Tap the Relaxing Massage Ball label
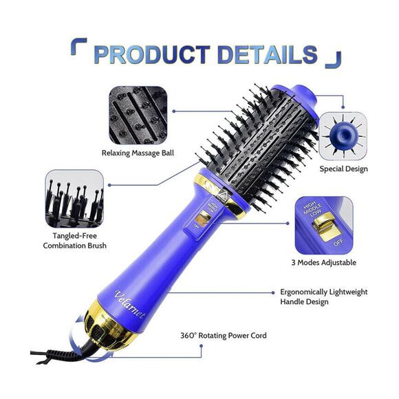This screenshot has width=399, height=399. coord(137,152)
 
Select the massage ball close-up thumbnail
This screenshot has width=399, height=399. coord(137,114)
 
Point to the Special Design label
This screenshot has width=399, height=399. coord(343,169)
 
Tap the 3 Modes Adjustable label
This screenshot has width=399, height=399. coord(325,262)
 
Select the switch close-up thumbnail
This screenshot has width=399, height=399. coord(325,225)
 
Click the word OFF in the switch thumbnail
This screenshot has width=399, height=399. coord(337,243)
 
